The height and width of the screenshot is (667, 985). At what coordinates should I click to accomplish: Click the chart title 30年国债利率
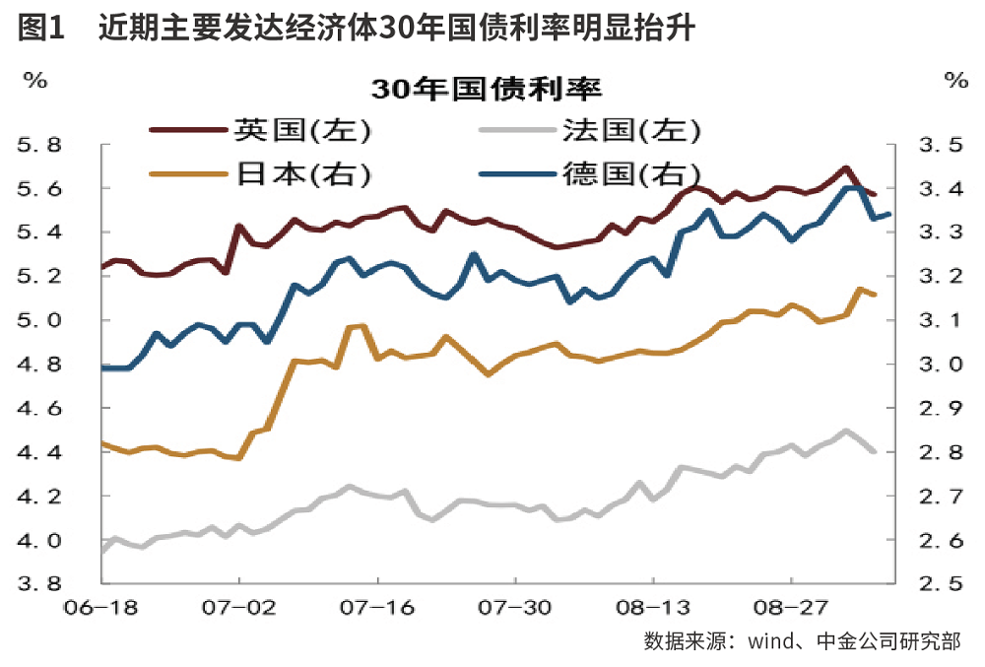[487, 88]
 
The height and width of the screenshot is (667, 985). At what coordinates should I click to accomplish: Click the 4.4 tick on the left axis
[39, 453]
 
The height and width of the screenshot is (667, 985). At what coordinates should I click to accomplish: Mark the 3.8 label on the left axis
[39, 584]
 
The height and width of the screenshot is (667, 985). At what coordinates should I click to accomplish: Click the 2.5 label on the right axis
[939, 584]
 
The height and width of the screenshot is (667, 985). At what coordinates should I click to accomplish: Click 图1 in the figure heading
[41, 31]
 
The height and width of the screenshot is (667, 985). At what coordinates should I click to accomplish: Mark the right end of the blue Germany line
[889, 214]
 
